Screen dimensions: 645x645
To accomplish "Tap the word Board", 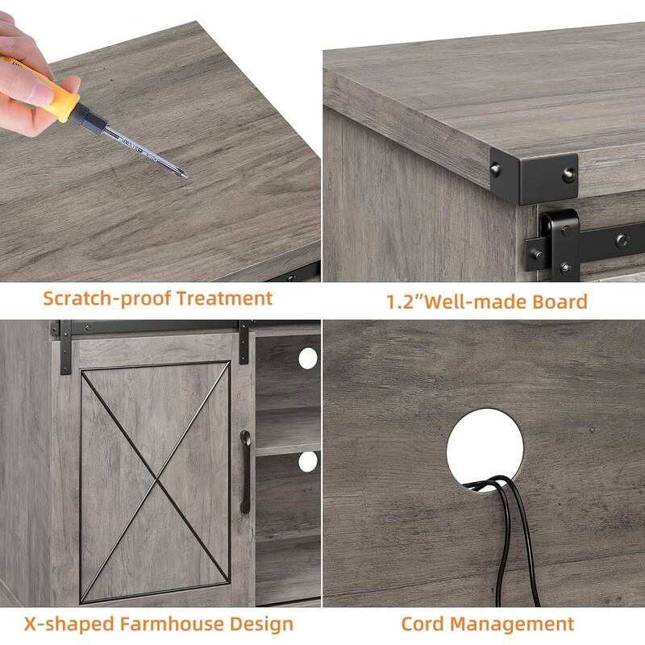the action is coord(560,302).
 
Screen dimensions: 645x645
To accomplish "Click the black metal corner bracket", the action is coord(534,176).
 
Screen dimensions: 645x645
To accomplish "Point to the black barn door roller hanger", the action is coord(560,243).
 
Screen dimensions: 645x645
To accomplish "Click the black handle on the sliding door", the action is coord(245,472).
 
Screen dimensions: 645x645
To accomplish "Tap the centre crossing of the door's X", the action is coord(156,479).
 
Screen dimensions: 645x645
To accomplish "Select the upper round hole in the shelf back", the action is coord(308,358).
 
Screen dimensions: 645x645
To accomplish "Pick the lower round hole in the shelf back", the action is coord(308,461).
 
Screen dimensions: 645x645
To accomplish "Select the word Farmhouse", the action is coord(172,623).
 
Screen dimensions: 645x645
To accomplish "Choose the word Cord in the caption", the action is coord(422,623).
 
